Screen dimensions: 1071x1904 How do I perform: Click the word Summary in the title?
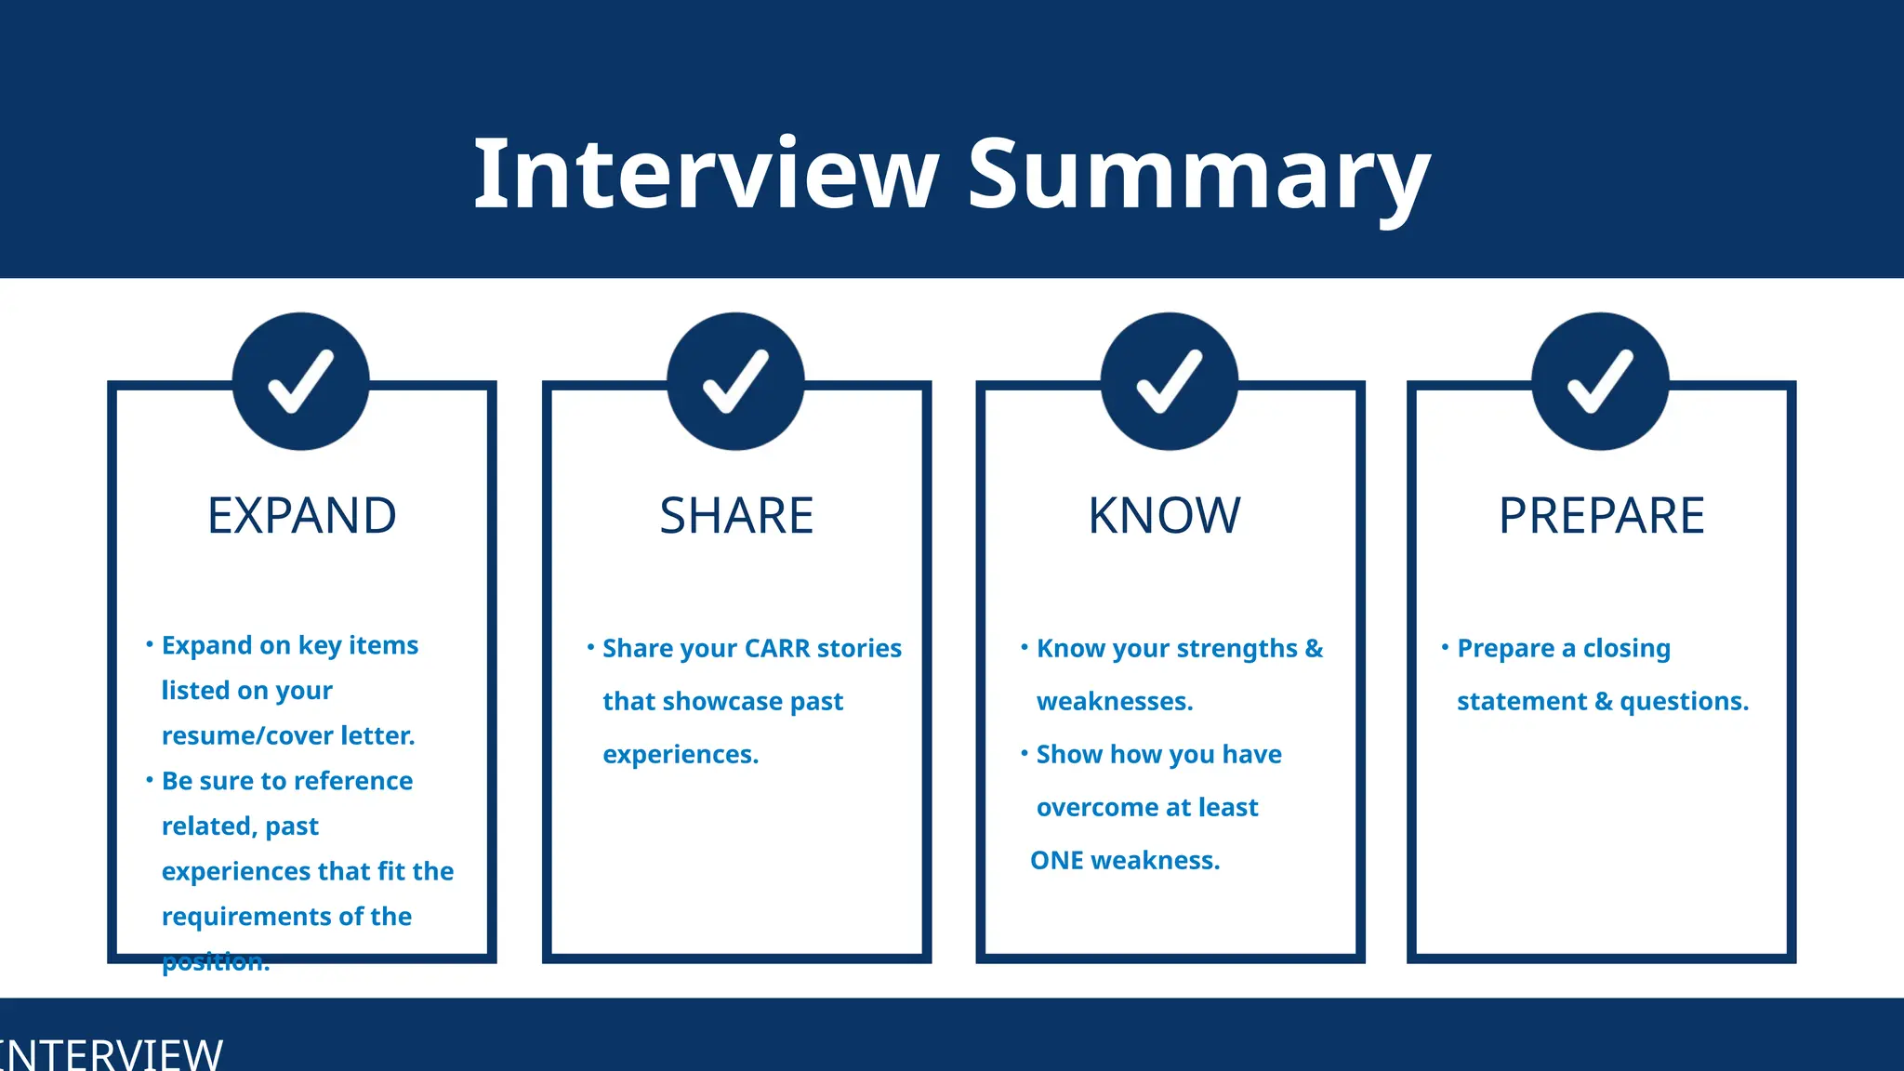[x=1198, y=175]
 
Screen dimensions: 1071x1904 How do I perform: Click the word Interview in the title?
[x=707, y=175]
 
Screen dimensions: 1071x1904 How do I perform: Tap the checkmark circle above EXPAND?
[x=301, y=381]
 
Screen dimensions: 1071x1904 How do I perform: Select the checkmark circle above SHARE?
[x=735, y=381]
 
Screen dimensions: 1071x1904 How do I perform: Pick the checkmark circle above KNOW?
[x=1170, y=381]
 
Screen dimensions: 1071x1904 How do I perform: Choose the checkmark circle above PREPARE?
[x=1600, y=381]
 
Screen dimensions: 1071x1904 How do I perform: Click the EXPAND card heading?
[x=302, y=516]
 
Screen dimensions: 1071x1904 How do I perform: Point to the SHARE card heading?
[x=736, y=516]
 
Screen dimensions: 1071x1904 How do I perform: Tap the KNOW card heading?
[x=1165, y=516]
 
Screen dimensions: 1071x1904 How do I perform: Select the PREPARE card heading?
[x=1602, y=516]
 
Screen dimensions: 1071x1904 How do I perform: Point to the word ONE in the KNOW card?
[x=1057, y=860]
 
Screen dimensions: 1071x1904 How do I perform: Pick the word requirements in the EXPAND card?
[x=246, y=917]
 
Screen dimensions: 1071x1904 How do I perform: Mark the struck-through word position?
[x=216, y=961]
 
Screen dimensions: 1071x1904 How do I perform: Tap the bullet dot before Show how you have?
[x=1024, y=752]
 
